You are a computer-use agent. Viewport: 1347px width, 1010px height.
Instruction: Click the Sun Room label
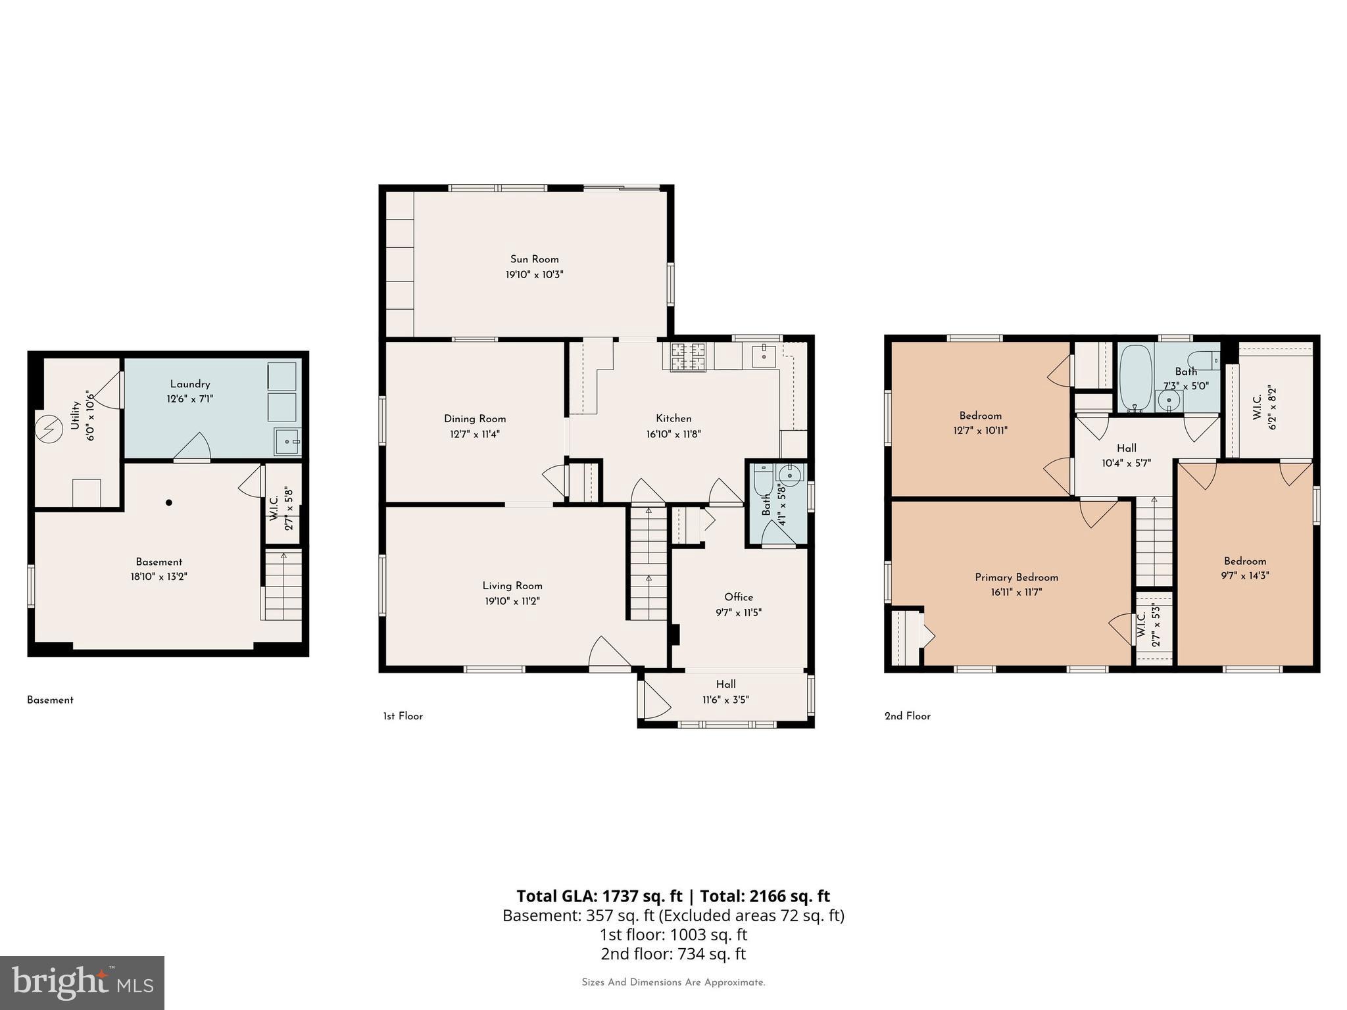(x=534, y=259)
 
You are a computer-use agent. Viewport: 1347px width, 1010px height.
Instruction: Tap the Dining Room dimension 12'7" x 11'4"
(x=474, y=434)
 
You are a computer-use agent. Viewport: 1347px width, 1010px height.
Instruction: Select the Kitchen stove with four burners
(x=688, y=356)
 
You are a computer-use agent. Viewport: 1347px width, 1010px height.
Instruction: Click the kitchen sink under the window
(x=764, y=356)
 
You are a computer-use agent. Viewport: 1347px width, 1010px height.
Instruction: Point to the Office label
(x=739, y=597)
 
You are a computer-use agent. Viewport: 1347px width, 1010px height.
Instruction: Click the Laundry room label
(x=190, y=385)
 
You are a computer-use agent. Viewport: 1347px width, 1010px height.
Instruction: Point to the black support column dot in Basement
(x=169, y=502)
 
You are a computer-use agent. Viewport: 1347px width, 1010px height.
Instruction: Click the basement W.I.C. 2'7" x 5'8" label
(x=281, y=508)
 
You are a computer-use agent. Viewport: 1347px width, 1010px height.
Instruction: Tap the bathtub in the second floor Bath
(x=1136, y=378)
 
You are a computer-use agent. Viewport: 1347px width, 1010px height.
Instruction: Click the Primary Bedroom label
(x=1016, y=577)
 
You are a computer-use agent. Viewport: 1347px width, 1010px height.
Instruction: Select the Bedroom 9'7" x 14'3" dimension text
(x=1245, y=575)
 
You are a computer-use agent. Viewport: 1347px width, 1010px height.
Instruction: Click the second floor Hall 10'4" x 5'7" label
(x=1126, y=456)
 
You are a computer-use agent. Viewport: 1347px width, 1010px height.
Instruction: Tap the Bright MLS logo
(x=82, y=982)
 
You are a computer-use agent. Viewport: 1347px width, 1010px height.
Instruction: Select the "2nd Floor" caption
(x=907, y=716)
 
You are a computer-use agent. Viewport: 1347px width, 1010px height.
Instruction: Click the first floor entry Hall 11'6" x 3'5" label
(x=725, y=692)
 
